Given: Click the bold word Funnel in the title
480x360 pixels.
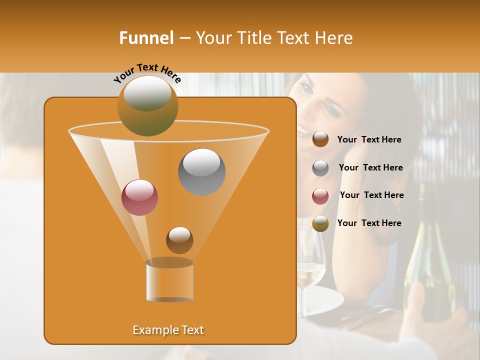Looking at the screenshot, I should pyautogui.click(x=146, y=38).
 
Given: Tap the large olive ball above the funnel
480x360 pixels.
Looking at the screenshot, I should pyautogui.click(x=148, y=105).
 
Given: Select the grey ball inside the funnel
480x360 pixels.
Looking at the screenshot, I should pyautogui.click(x=201, y=171).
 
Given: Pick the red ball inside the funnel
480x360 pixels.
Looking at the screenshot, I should pyautogui.click(x=139, y=197).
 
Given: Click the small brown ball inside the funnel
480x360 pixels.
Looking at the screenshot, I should pyautogui.click(x=179, y=240).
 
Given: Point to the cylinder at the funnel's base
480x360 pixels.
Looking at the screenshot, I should pyautogui.click(x=169, y=281).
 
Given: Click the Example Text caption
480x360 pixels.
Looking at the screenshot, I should pyautogui.click(x=168, y=330).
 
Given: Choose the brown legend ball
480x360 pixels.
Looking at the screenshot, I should pyautogui.click(x=320, y=139).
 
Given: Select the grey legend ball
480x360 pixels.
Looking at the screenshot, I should pyautogui.click(x=320, y=168).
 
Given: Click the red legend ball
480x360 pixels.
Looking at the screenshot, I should pyautogui.click(x=320, y=196).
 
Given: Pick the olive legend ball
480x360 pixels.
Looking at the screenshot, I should pyautogui.click(x=320, y=223).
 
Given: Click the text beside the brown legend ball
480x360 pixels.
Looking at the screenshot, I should pyautogui.click(x=369, y=140).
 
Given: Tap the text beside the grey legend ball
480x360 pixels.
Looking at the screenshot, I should pyautogui.click(x=370, y=168).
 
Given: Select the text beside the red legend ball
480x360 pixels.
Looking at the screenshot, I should pyautogui.click(x=371, y=195).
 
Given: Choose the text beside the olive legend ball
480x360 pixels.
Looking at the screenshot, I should pyautogui.click(x=369, y=223).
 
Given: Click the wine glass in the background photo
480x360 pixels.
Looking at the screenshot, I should pyautogui.click(x=311, y=265).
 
